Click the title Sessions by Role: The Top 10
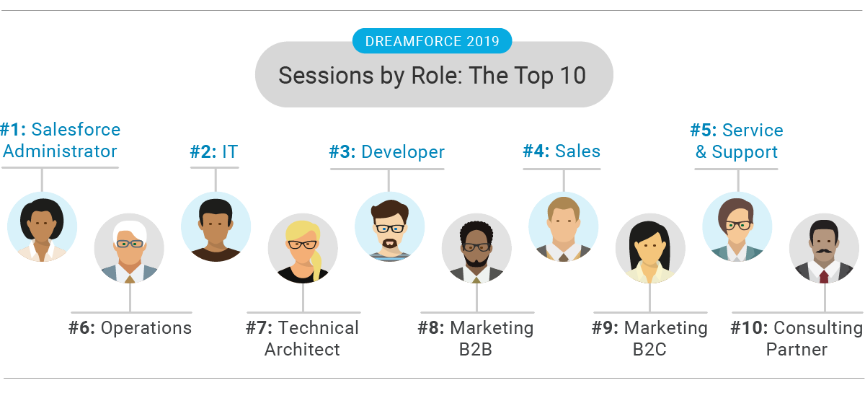[433, 75]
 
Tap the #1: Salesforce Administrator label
[60, 141]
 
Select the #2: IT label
[213, 151]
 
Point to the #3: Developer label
[387, 152]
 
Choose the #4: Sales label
[562, 151]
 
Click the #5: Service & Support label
[736, 141]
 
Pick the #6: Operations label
[130, 328]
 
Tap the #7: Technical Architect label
[303, 338]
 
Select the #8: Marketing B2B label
[476, 338]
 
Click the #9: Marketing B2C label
[649, 338]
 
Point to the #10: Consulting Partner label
[797, 338]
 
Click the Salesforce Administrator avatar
[43, 226]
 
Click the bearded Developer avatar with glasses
[389, 226]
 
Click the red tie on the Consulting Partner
[824, 276]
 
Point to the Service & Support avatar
[737, 226]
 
